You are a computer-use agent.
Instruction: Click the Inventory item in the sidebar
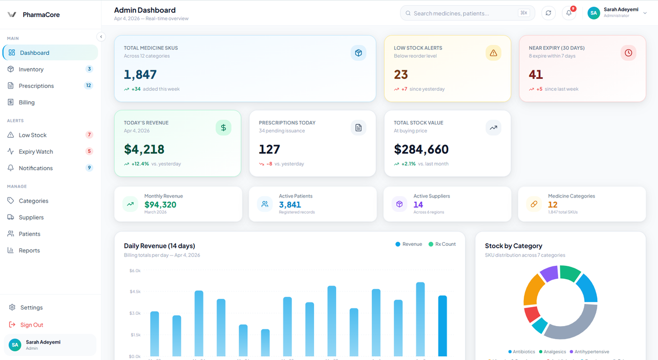pos(31,69)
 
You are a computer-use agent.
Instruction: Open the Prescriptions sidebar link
pos(36,86)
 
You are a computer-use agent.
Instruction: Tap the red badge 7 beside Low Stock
pos(89,135)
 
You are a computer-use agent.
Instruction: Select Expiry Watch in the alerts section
pos(35,152)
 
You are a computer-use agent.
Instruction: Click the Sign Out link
pos(31,325)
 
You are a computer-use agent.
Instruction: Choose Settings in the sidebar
pos(31,308)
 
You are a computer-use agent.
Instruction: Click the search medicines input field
pos(463,13)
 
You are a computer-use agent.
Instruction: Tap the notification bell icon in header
pos(569,13)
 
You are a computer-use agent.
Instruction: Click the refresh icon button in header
pos(549,13)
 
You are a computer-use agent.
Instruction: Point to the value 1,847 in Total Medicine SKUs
pos(140,75)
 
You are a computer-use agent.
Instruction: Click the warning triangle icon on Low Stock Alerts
pos(493,53)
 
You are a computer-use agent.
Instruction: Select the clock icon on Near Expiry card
pos(628,53)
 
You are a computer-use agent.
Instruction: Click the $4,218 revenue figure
pos(144,150)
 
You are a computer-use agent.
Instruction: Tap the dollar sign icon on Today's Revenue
pos(223,128)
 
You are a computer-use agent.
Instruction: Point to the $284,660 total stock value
pos(421,150)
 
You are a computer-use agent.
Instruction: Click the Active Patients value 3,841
pos(290,205)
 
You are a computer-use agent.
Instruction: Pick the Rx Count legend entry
pos(442,244)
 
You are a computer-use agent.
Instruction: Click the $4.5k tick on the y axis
pos(135,292)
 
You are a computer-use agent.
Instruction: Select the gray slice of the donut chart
pos(573,324)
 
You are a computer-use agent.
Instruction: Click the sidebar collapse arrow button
pos(101,37)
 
